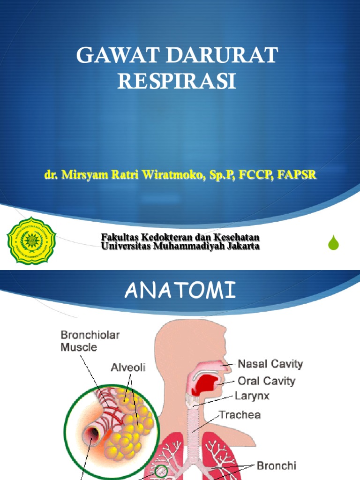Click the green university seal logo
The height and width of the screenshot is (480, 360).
[x=31, y=241]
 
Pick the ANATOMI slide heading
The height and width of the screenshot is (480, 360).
[x=180, y=292]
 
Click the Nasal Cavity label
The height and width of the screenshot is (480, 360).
[x=270, y=364]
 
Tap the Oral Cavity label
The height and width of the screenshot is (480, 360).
[x=267, y=381]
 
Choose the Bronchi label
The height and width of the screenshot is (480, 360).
[x=276, y=465]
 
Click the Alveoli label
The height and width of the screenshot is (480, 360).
[x=128, y=368]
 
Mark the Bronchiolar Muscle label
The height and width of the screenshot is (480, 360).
[x=90, y=341]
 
